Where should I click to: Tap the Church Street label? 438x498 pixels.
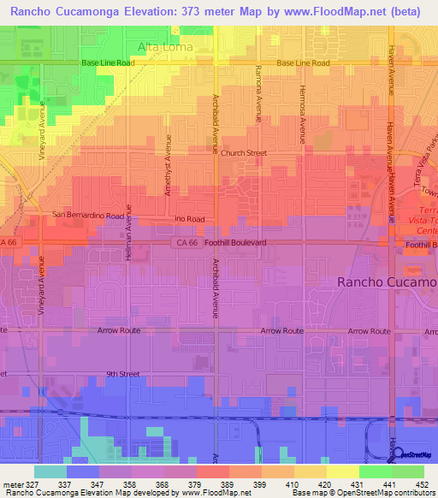tap(244, 153)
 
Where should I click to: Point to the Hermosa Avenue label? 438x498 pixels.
tap(302, 115)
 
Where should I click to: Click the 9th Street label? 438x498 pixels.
tap(123, 374)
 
